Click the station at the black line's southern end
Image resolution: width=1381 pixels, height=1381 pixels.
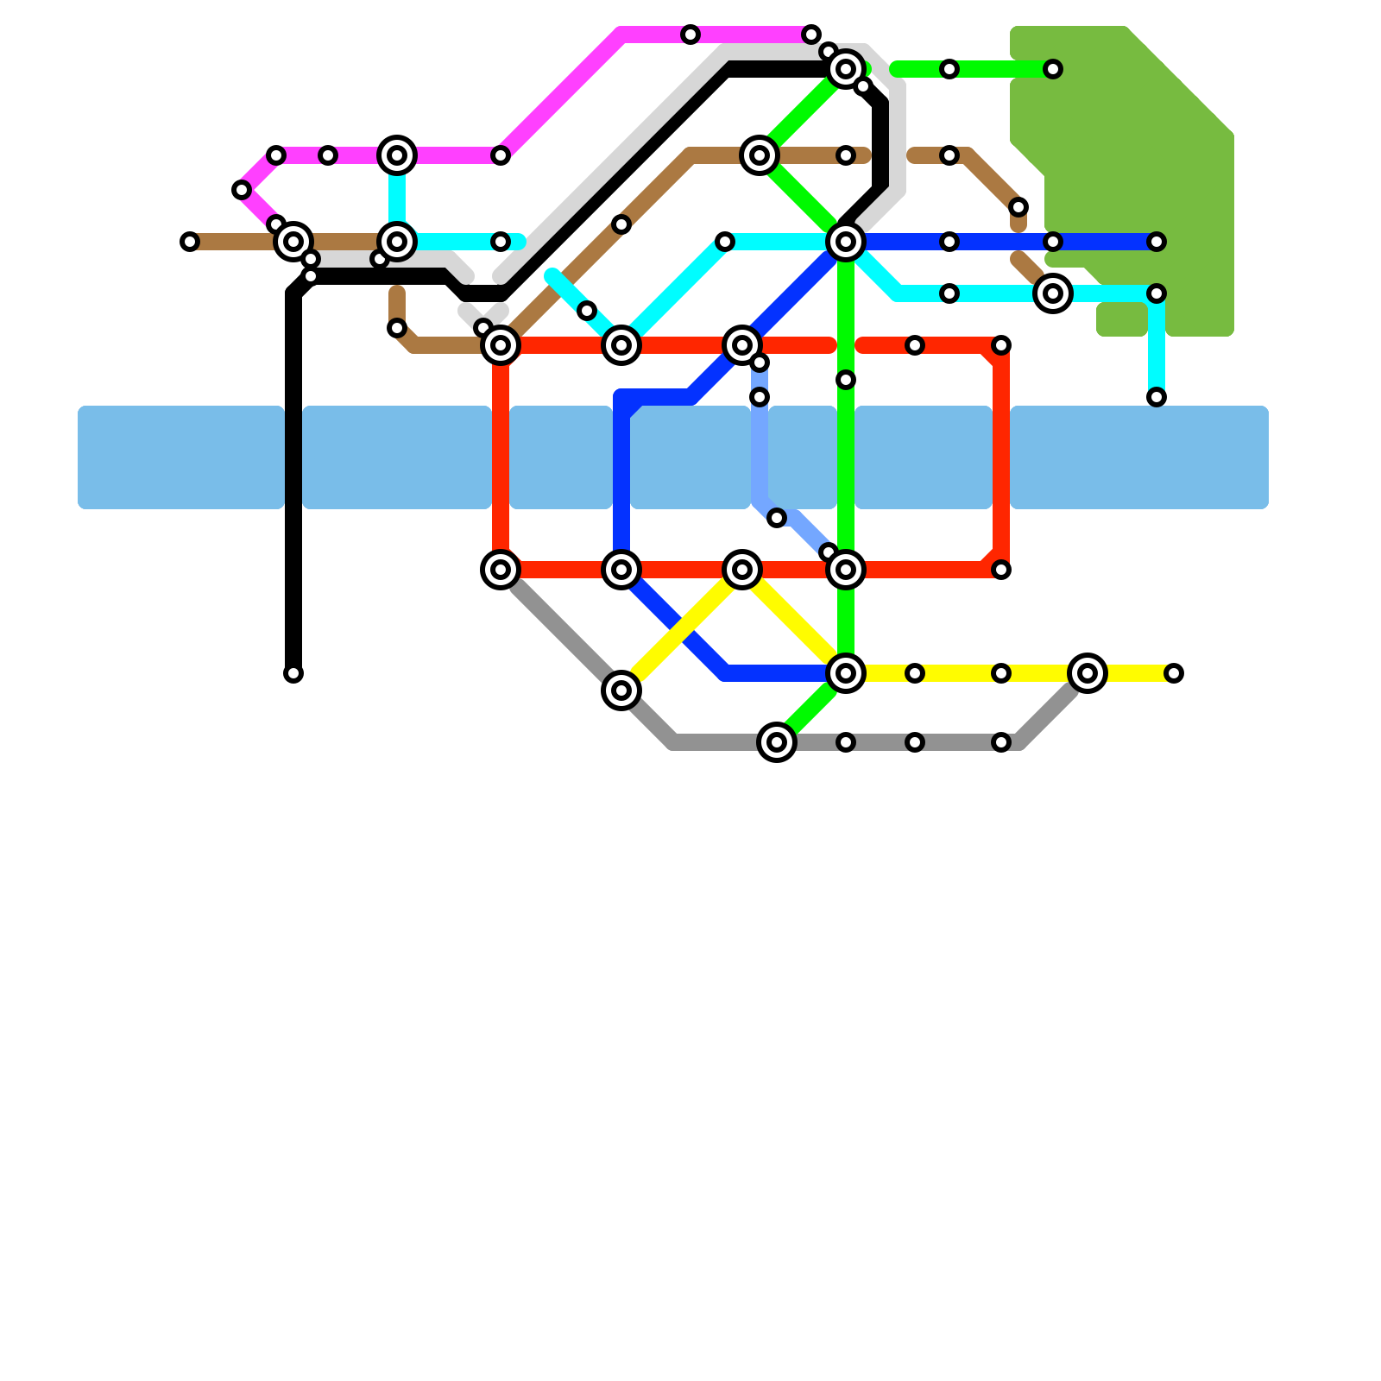coord(293,673)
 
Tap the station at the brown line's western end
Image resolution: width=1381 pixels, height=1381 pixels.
coord(190,242)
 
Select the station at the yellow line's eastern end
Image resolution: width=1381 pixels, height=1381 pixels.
coord(1174,673)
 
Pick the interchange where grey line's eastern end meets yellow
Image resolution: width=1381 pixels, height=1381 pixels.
coord(1088,673)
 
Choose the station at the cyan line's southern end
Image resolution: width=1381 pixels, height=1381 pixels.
coord(1157,397)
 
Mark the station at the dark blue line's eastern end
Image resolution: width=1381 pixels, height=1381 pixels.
coord(1157,242)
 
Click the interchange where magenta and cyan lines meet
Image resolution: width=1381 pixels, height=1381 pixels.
coord(397,155)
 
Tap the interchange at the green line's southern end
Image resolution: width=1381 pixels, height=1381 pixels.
coord(777,742)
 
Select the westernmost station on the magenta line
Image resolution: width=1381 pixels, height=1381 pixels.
coord(242,190)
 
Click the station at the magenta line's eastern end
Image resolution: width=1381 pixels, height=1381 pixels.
coord(811,35)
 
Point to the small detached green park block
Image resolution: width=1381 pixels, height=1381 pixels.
coord(1122,319)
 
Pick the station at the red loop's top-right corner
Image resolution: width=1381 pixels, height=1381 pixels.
coord(1001,345)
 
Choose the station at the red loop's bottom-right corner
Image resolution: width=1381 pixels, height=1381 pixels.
coord(1001,570)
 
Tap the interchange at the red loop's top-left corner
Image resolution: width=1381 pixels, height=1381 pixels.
coord(501,345)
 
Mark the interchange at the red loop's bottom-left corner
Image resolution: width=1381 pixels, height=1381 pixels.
coord(501,570)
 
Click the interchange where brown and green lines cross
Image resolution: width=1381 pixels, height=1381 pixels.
coord(760,155)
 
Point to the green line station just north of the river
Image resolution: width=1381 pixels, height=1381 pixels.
coord(846,380)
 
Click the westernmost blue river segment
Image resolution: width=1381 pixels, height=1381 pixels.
coord(181,457)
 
